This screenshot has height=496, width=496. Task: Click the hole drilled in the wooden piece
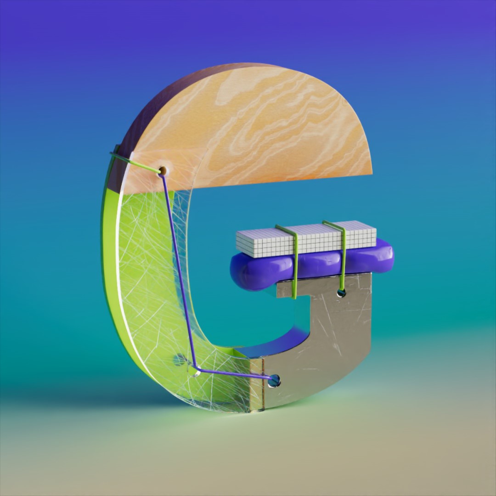(x=163, y=171)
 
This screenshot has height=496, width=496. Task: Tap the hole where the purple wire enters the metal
(x=274, y=381)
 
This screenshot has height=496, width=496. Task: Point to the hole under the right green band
(x=341, y=293)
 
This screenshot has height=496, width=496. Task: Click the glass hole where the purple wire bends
(x=195, y=370)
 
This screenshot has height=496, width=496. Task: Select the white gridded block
(x=306, y=239)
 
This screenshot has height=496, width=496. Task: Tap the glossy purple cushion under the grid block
(x=311, y=265)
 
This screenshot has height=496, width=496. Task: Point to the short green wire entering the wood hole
(x=135, y=162)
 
